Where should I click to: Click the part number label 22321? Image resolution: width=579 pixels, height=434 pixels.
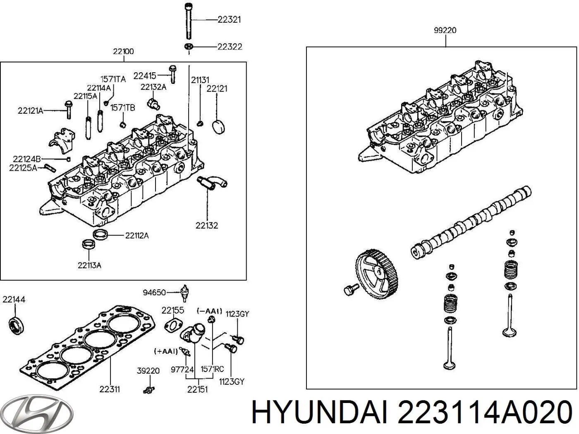point(229,19)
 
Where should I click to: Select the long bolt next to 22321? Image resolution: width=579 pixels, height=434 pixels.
point(188,21)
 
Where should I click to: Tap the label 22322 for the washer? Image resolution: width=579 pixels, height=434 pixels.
point(230,46)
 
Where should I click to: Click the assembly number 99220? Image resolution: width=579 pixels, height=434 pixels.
point(445,30)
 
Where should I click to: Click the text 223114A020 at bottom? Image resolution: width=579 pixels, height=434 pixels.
point(484,413)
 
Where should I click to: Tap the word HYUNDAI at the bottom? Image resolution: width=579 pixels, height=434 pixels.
point(320,413)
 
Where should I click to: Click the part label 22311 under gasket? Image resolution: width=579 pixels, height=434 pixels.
point(110,389)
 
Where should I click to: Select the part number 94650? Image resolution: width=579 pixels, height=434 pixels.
point(154,293)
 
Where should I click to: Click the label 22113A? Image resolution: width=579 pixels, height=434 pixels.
point(89,265)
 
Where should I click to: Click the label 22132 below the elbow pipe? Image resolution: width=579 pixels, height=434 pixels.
point(207,225)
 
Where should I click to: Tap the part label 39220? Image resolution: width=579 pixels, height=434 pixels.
point(148,371)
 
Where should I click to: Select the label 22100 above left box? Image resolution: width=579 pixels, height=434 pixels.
point(123,51)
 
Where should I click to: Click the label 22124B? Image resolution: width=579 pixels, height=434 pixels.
point(26,159)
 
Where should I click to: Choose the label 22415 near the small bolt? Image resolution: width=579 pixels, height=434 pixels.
point(145,76)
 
